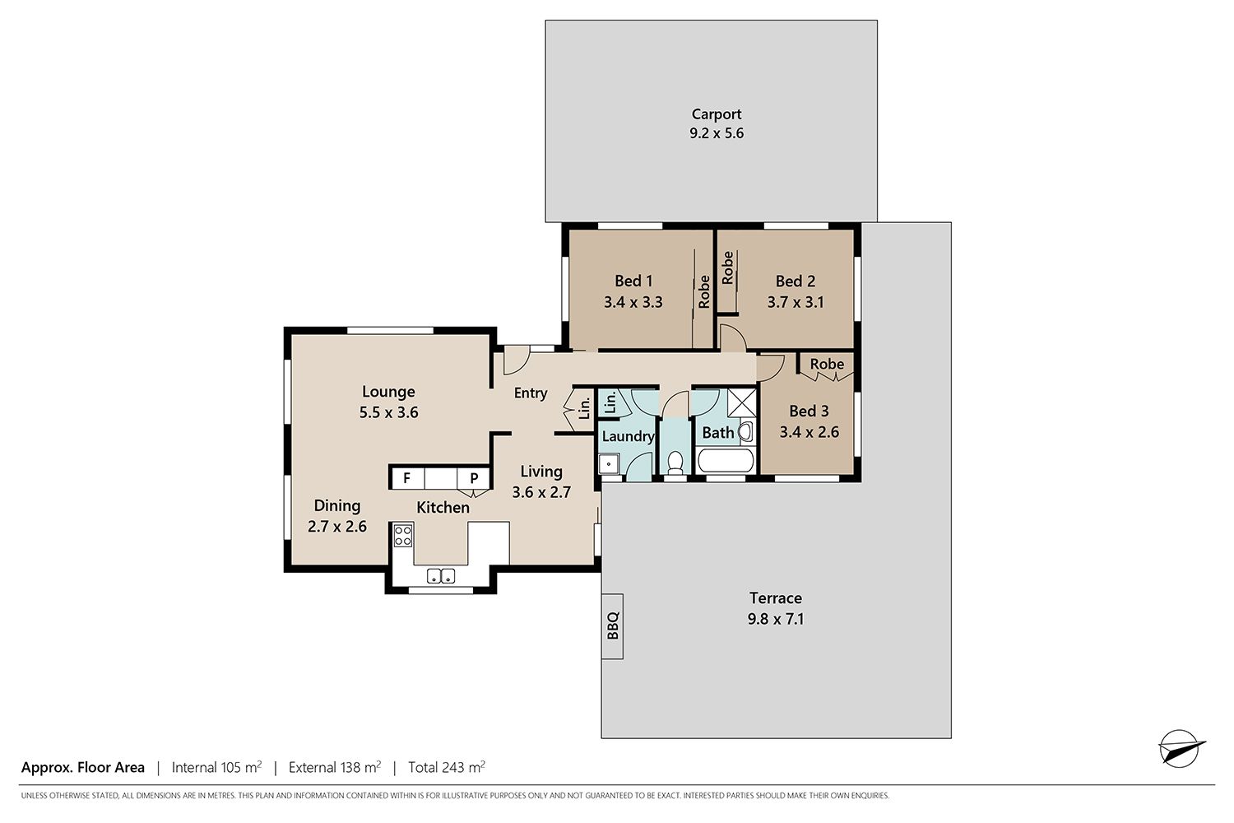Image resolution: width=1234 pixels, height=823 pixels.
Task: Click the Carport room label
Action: (x=717, y=114)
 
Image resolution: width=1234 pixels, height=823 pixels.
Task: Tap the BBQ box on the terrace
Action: (x=612, y=626)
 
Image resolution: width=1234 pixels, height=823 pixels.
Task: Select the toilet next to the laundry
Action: (x=675, y=463)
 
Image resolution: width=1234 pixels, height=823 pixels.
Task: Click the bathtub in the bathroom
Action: (x=725, y=461)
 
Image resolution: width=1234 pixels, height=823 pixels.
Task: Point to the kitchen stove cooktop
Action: (x=403, y=535)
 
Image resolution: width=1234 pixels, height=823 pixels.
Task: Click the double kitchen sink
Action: (x=441, y=576)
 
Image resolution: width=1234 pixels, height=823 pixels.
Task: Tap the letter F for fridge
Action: (x=406, y=478)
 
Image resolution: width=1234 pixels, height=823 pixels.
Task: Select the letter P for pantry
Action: (x=474, y=478)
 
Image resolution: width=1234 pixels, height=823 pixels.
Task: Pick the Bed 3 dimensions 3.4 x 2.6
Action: (x=809, y=431)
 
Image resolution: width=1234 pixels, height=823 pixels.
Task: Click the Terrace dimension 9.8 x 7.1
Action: (x=775, y=619)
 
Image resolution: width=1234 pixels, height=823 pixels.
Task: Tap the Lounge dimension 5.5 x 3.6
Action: (x=388, y=412)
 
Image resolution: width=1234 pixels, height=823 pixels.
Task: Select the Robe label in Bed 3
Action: (x=827, y=364)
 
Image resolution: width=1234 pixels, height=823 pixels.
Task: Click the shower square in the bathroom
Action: (x=741, y=403)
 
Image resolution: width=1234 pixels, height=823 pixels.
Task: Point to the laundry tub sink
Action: (x=609, y=464)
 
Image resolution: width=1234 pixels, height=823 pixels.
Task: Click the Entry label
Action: (x=531, y=393)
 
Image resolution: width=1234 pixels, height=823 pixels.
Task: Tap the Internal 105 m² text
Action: (x=216, y=767)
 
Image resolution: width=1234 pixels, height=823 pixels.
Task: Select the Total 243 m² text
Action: (x=446, y=767)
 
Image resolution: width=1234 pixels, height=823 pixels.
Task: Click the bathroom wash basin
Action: (x=745, y=431)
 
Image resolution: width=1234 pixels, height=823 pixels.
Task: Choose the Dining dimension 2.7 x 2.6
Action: (x=336, y=527)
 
